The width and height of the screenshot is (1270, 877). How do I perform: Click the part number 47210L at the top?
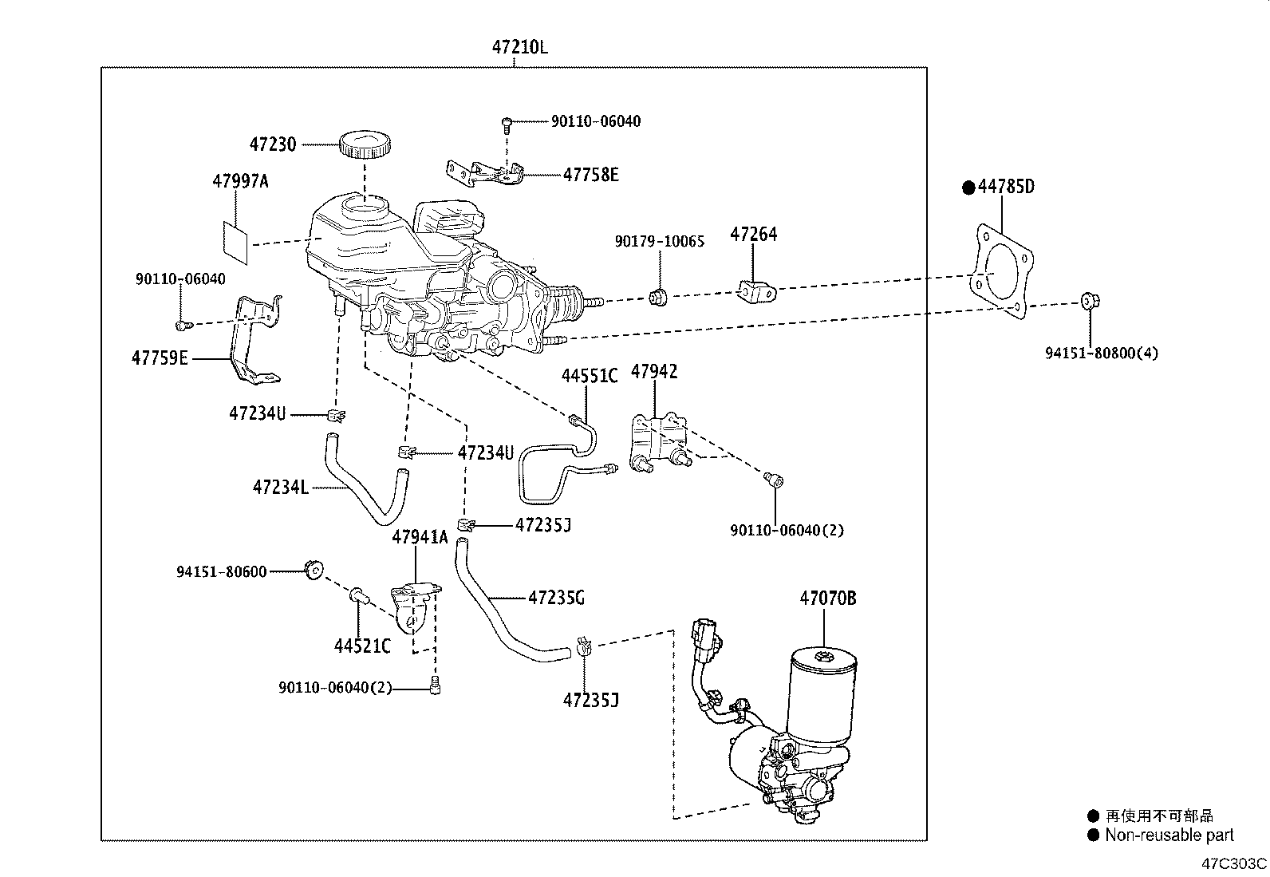click(519, 47)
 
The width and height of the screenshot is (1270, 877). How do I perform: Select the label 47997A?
click(240, 181)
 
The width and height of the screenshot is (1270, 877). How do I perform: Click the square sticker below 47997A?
click(235, 243)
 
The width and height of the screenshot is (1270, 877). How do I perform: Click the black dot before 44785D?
click(968, 188)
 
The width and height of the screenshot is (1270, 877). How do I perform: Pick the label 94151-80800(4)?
click(1101, 352)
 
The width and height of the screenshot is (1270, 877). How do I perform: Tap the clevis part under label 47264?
click(755, 292)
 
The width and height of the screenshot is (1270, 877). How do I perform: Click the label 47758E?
click(590, 175)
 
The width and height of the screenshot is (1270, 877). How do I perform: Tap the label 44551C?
click(589, 376)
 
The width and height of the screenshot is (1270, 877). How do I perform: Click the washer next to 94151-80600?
click(314, 570)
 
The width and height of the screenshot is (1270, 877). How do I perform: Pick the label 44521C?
click(362, 646)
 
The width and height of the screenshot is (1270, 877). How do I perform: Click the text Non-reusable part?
click(1169, 836)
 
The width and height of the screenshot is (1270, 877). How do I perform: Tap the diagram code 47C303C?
click(1234, 863)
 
